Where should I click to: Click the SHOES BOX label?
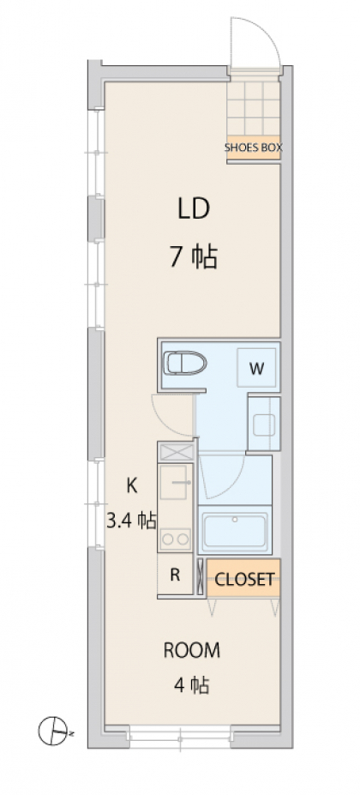253,148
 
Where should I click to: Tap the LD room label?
194,208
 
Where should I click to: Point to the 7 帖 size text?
194,257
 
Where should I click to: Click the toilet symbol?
185,363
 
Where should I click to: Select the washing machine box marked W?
256,369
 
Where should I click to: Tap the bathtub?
235,531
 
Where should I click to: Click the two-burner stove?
176,539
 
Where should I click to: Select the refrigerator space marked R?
175,575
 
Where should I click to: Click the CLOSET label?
244,579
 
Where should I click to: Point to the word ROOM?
192,650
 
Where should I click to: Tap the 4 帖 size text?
192,685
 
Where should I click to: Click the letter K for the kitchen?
131,485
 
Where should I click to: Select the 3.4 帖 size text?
131,521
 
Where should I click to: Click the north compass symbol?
54,731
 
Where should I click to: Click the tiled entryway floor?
253,108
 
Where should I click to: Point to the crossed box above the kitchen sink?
176,452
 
